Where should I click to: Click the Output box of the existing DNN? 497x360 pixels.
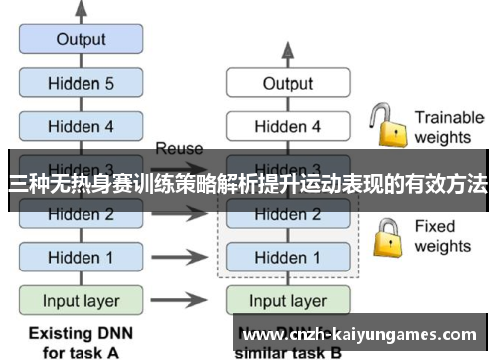81,40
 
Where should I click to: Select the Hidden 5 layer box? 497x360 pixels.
81,83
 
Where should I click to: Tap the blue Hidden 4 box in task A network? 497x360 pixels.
81,126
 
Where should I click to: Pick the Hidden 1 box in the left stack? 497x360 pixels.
81,257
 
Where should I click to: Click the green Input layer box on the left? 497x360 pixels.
81,300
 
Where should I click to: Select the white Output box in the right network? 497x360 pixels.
287,84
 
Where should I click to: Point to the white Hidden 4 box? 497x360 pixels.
287,126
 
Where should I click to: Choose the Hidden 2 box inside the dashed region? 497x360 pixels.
287,214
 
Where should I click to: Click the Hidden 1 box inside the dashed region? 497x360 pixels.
287,257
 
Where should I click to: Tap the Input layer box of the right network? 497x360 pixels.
287,300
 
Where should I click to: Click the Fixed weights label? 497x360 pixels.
442,236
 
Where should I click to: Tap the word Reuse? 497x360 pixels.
179,149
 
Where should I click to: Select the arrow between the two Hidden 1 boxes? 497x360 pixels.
179,257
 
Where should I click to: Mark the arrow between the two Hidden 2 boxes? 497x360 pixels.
179,214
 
